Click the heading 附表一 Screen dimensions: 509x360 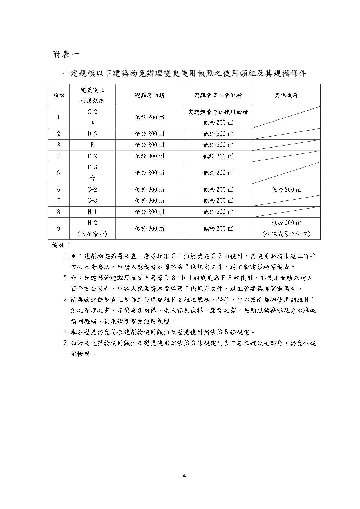(x=65, y=54)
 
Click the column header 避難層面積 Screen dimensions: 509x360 (x=150, y=95)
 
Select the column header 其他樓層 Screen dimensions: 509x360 (x=286, y=95)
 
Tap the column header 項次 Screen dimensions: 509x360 (x=59, y=95)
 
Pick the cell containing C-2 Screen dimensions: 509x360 (x=92, y=112)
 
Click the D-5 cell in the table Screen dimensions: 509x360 (x=92, y=134)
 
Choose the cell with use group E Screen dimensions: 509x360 (x=92, y=145)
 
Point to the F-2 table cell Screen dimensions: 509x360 (x=92, y=156)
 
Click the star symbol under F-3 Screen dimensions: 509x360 (x=92, y=178)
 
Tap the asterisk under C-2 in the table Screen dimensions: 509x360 (x=92, y=123)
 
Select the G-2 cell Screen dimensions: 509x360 (x=92, y=190)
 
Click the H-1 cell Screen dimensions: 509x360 (x=92, y=212)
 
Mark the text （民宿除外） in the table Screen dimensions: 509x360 (x=92, y=234)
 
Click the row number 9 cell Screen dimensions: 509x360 (x=59, y=229)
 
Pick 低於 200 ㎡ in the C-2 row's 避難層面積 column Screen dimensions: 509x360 (x=150, y=117)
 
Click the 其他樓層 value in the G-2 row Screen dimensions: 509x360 (x=286, y=190)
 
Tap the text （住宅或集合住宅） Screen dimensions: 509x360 (x=286, y=234)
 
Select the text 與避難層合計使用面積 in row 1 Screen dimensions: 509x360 (x=218, y=112)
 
